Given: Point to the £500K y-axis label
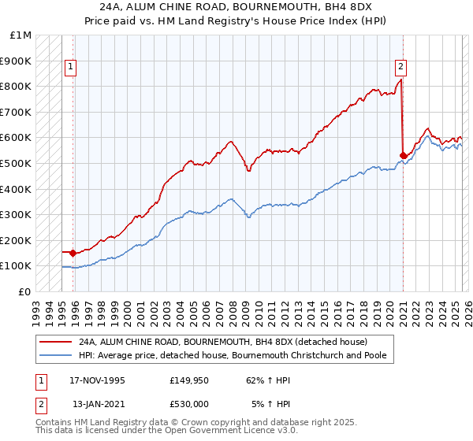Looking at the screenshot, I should pyautogui.click(x=17, y=163).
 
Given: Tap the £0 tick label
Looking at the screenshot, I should pyautogui.click(x=25, y=291).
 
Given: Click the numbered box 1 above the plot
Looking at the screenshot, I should pyautogui.click(x=71, y=67).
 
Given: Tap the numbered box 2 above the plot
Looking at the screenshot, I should pyautogui.click(x=400, y=67).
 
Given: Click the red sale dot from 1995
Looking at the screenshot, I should pyautogui.click(x=73, y=253).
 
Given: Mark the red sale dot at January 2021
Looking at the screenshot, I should pyautogui.click(x=403, y=155).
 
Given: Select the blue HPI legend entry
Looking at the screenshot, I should pyautogui.click(x=236, y=355).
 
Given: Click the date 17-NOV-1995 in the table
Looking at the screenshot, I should pyautogui.click(x=98, y=380).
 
